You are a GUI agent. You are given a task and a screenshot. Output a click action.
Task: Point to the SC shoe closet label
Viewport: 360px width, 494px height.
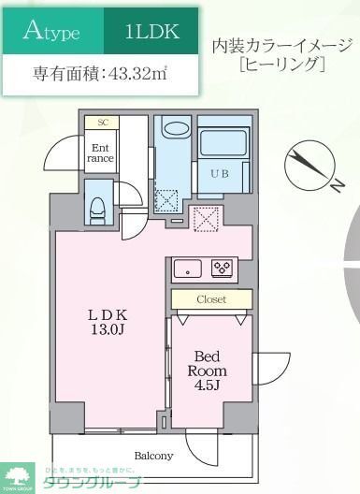[101, 122]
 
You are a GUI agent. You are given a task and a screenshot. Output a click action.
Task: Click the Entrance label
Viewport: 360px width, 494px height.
[101, 152]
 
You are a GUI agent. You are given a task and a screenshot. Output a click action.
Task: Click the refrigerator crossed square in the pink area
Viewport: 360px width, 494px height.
[205, 218]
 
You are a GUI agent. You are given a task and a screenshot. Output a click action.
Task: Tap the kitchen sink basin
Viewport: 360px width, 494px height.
[187, 268]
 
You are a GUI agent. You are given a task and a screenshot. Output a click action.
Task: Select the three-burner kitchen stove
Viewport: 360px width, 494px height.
[223, 268]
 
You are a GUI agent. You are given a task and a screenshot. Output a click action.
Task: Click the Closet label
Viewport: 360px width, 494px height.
[210, 299]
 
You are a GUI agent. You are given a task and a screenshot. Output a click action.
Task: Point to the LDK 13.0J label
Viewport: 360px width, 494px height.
[108, 322]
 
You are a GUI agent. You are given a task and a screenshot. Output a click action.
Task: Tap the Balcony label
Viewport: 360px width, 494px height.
[152, 456]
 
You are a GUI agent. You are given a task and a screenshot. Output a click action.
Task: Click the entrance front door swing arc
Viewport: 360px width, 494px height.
[61, 152]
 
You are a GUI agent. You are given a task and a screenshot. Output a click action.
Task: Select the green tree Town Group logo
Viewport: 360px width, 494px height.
[16, 476]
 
